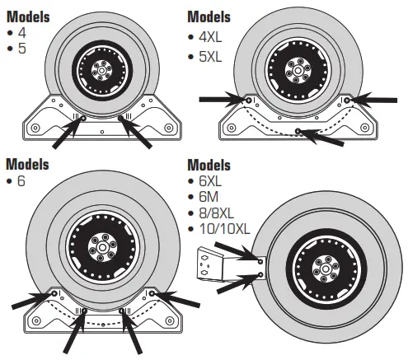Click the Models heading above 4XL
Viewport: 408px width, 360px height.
[210, 16]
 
